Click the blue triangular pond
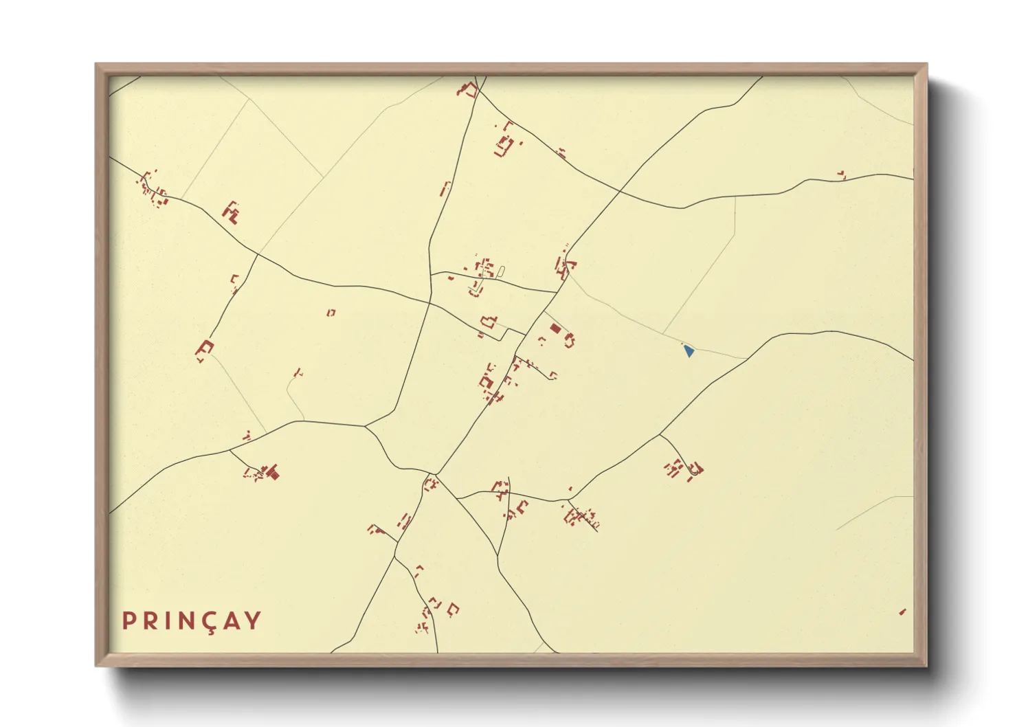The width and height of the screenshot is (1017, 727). [689, 351]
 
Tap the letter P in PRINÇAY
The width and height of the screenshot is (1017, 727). [128, 620]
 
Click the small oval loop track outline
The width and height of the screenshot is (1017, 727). [500, 271]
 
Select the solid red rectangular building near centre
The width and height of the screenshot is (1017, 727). [555, 329]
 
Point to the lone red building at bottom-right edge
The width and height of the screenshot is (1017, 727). [902, 612]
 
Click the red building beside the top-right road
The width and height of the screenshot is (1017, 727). [841, 175]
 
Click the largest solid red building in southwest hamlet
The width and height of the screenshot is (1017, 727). [273, 472]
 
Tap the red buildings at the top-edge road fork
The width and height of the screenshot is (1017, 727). [469, 89]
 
